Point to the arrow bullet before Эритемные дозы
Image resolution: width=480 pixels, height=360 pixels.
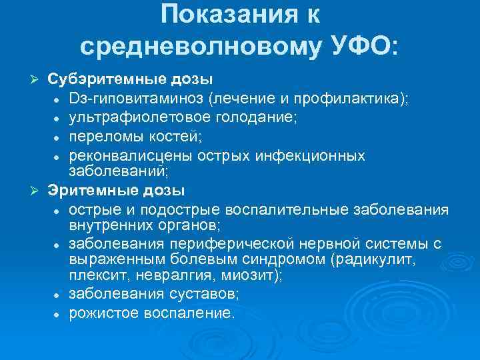pos(37,192)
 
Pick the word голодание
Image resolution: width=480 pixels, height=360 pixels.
pos(254,118)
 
